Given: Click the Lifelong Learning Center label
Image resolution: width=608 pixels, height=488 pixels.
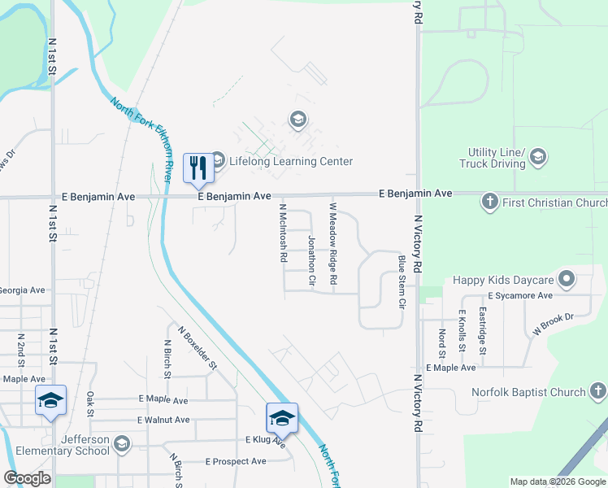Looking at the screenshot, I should coord(290,161).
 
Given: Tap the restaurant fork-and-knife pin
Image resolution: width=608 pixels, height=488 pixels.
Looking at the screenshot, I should coord(198,168).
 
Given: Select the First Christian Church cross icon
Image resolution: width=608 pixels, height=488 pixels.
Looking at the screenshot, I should coord(489,202).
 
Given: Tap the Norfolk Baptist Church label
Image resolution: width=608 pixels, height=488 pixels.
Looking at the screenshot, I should coord(528,393).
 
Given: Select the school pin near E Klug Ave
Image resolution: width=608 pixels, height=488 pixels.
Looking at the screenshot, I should coord(282,418).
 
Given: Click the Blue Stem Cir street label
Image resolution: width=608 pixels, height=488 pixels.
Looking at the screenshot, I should coord(402,281).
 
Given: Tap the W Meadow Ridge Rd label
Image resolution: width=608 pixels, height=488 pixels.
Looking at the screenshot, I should coord(332,244).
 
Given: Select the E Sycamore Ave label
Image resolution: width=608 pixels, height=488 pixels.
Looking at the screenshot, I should coord(520,295).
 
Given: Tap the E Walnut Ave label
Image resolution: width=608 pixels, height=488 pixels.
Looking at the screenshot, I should coord(164,420).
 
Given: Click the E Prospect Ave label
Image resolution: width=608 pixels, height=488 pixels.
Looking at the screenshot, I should coord(236,461).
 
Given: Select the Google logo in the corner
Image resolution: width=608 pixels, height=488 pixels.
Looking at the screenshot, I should coord(27,478).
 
